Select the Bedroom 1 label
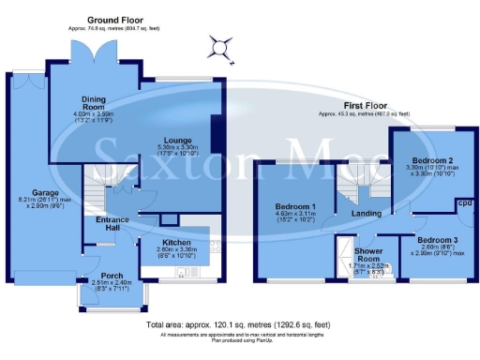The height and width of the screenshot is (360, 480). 293,207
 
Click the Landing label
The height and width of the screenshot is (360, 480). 366,214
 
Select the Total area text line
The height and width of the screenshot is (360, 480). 239,325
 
